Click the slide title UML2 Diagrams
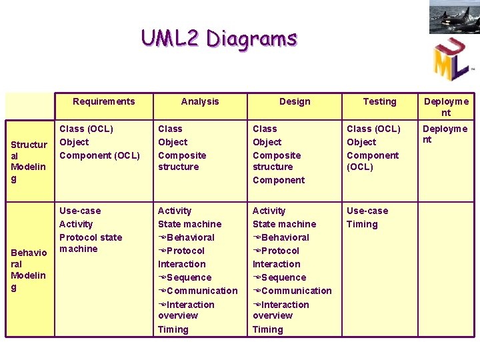point(219,38)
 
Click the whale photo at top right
point(454,17)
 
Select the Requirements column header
point(103,101)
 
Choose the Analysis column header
point(199,101)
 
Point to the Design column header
point(295,101)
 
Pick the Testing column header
point(379,101)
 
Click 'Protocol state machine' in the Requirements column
point(90,243)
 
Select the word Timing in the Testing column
point(362,224)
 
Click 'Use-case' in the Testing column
point(367,211)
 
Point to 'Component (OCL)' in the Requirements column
point(99,155)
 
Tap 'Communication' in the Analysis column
point(201,291)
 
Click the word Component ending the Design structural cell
point(278,180)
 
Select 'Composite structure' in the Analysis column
point(182,161)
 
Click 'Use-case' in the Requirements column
point(79,211)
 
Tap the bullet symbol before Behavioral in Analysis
point(162,237)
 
